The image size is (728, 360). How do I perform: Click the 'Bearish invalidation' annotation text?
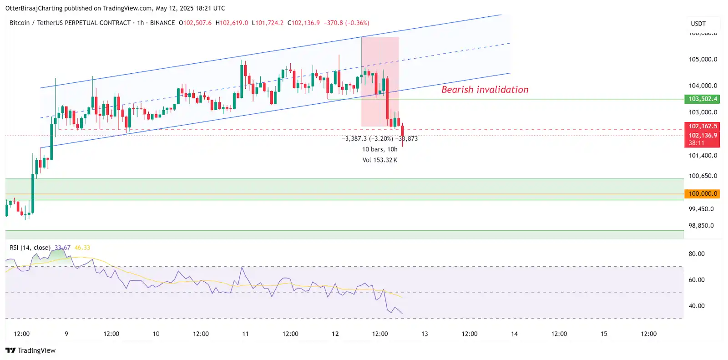pyautogui.click(x=485, y=90)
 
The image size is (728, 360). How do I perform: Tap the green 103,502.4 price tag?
pyautogui.click(x=702, y=99)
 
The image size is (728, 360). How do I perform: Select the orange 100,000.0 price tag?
pyautogui.click(x=702, y=193)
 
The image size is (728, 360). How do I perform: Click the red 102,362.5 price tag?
pyautogui.click(x=702, y=126)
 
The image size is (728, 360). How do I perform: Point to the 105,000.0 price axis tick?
pyautogui.click(x=703, y=59)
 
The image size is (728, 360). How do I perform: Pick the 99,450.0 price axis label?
pyautogui.click(x=701, y=209)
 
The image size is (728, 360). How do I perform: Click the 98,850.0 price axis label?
pyautogui.click(x=701, y=226)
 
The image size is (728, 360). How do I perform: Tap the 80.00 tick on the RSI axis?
pyautogui.click(x=696, y=254)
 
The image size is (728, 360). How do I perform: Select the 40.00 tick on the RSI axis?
pyautogui.click(x=696, y=306)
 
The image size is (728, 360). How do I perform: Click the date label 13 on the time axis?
pyautogui.click(x=425, y=334)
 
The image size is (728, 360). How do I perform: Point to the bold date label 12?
pyautogui.click(x=335, y=334)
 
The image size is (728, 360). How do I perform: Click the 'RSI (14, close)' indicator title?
pyautogui.click(x=30, y=248)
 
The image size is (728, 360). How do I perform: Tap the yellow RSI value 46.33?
pyautogui.click(x=82, y=248)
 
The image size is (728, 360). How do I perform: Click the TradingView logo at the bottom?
pyautogui.click(x=30, y=350)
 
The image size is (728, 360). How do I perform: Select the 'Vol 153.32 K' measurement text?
pyautogui.click(x=379, y=160)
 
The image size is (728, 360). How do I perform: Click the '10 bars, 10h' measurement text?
pyautogui.click(x=379, y=149)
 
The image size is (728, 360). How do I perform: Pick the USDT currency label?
pyautogui.click(x=698, y=24)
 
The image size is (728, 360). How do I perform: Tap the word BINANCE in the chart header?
pyautogui.click(x=162, y=23)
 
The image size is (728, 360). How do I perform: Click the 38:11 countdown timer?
pyautogui.click(x=696, y=143)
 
